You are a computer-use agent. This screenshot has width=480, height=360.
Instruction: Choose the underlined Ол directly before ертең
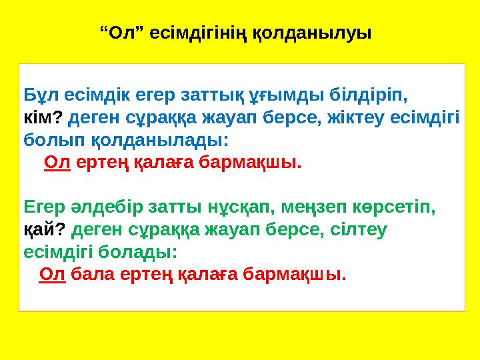pyautogui.click(x=57, y=163)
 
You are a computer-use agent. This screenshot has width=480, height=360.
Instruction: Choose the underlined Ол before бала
pyautogui.click(x=53, y=274)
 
